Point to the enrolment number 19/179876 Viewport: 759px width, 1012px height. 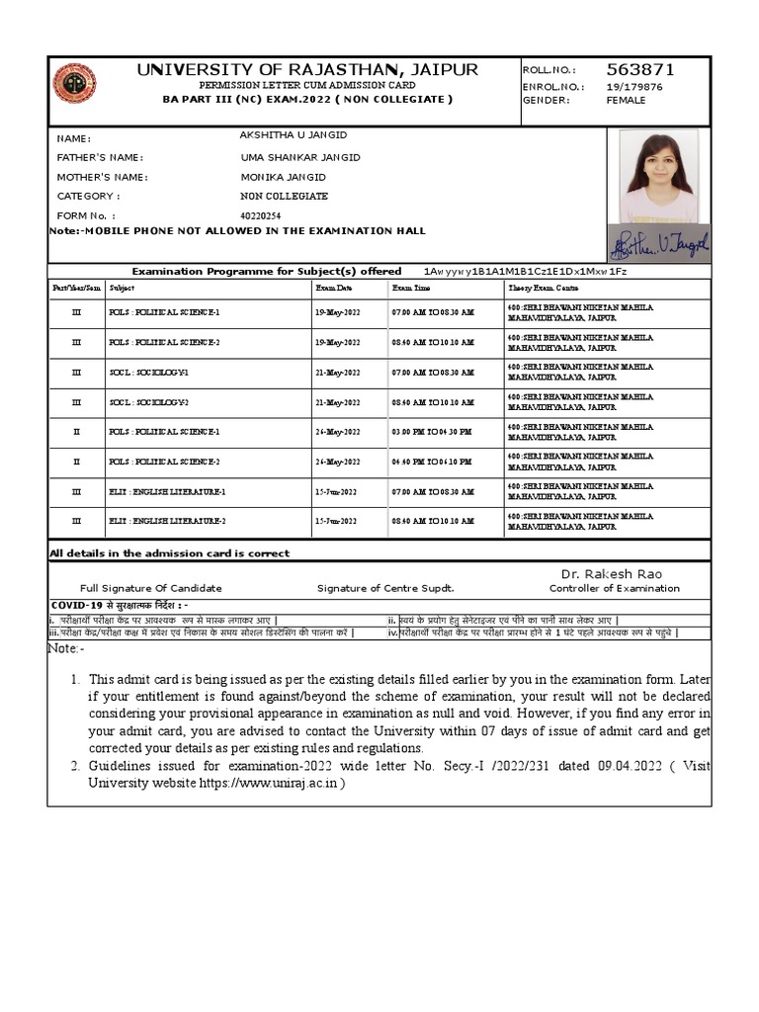[634, 86]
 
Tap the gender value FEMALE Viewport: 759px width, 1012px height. [626, 100]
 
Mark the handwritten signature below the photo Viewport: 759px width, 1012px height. [659, 242]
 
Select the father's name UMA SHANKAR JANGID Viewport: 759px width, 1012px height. [300, 157]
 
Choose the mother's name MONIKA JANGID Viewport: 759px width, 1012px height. [283, 177]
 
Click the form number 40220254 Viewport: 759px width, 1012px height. [261, 215]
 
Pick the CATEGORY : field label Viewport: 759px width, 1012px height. [89, 196]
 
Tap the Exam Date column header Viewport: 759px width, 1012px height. [333, 288]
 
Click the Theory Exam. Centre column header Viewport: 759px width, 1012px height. [543, 288]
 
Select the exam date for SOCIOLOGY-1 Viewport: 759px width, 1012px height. [338, 373]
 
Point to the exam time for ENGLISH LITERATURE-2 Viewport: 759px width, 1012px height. [433, 521]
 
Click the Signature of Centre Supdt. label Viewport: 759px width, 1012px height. [385, 588]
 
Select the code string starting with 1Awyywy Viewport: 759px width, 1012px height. [525, 271]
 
